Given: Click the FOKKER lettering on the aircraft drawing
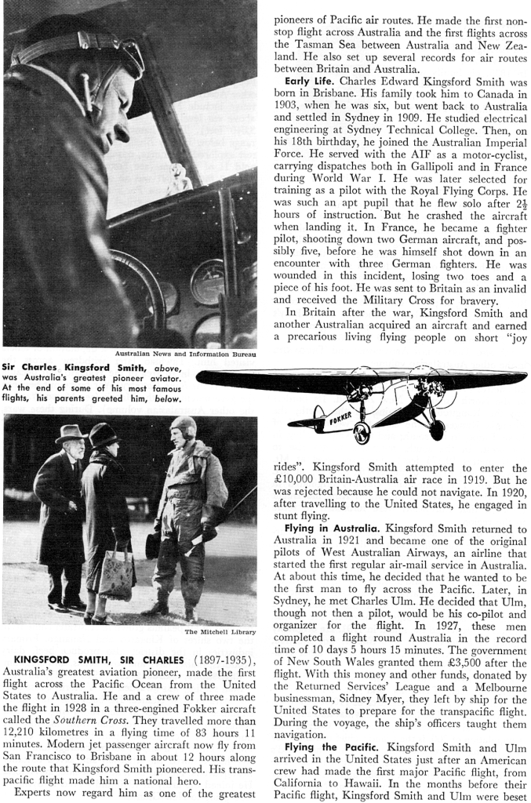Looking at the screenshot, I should (x=338, y=418).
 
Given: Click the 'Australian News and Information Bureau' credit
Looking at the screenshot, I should (x=186, y=354).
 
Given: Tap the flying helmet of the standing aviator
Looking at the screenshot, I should (x=183, y=428).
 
